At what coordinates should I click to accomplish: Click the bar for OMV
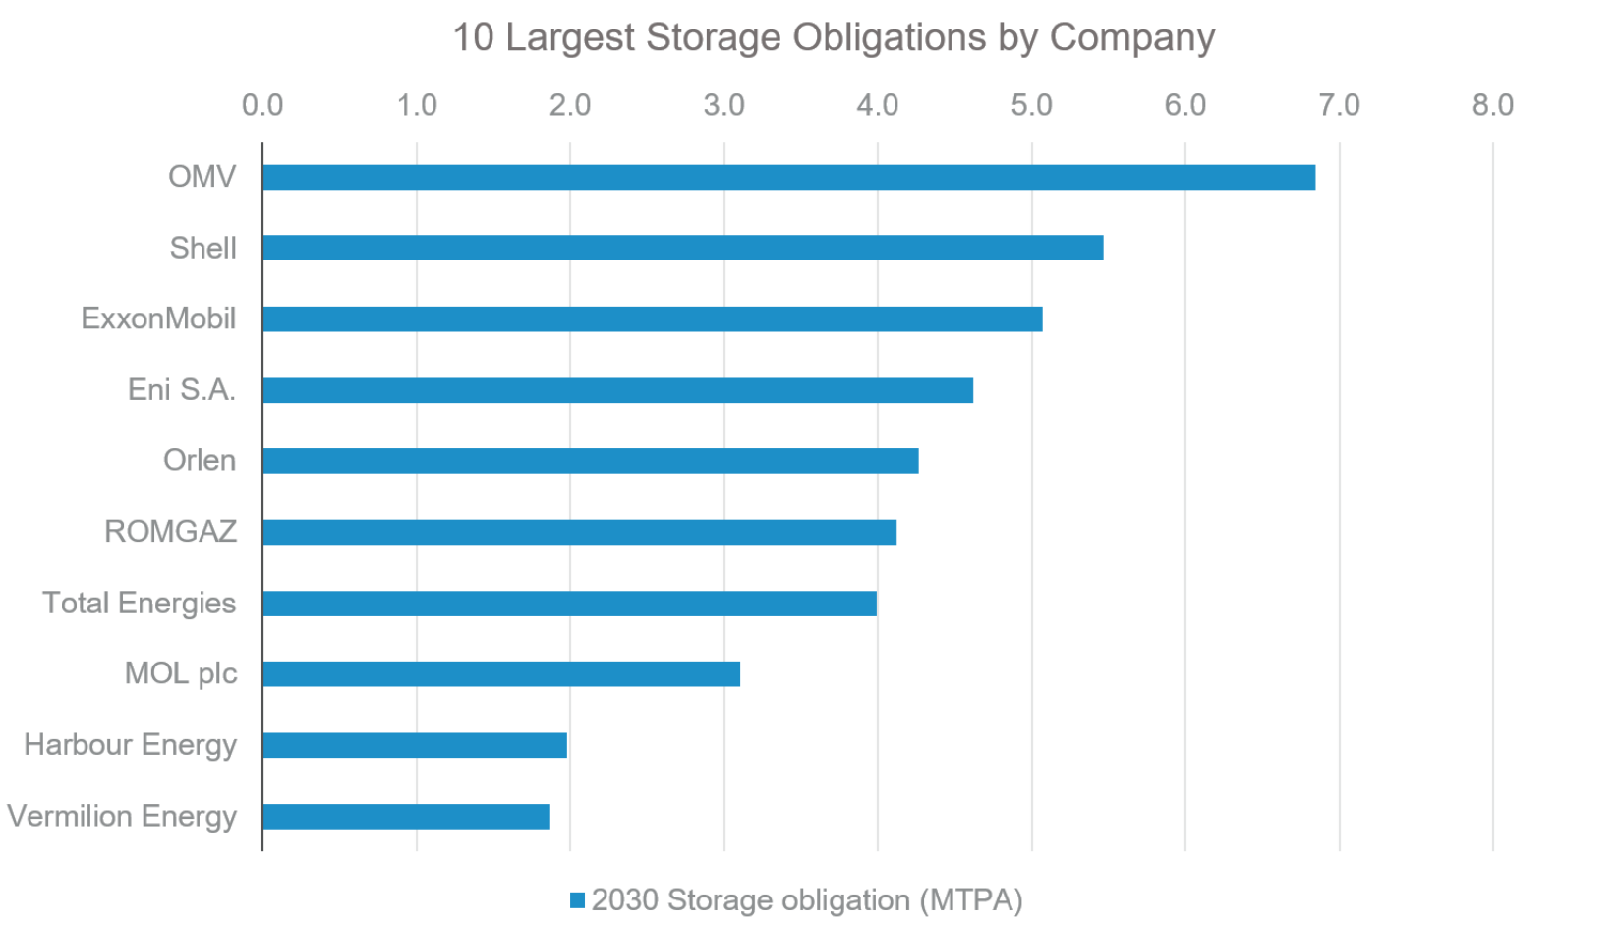coord(788,177)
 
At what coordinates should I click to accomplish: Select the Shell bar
coord(682,248)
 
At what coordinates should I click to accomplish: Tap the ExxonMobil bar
coord(652,318)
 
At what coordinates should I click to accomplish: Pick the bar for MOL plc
coord(500,673)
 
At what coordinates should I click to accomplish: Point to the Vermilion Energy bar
coord(406,816)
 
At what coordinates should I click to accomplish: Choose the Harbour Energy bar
coord(414,745)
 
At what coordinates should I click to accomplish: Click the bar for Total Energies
coord(569,603)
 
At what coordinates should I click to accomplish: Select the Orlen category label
coord(200,460)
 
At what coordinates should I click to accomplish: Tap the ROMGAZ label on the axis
coord(170,532)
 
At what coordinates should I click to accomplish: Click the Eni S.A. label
coord(182,389)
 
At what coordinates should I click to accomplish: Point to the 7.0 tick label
coord(1339,105)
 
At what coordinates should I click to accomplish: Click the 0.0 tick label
coord(262,105)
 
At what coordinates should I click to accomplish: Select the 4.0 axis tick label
coord(877,105)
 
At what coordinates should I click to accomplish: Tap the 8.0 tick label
coord(1492,105)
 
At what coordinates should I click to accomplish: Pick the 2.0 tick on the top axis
coord(570,105)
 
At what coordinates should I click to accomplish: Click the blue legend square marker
coord(578,900)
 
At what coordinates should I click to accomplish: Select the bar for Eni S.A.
coord(617,390)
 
